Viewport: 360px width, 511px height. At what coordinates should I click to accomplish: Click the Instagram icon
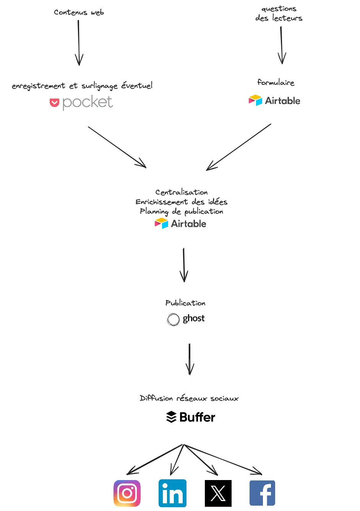coord(127,493)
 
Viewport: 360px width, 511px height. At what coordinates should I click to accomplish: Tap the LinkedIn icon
coord(172,493)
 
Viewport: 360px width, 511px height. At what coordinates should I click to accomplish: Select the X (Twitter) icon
coord(218,493)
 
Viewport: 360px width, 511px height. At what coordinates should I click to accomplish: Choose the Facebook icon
coord(262,493)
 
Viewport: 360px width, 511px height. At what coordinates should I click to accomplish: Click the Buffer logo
coord(191,417)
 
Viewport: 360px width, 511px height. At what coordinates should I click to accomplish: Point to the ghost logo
coord(186,319)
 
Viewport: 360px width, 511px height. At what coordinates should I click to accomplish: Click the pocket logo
coord(81,102)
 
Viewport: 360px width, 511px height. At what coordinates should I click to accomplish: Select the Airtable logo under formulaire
coord(274,101)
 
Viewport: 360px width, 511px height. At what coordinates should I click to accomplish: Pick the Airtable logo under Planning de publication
coord(180,224)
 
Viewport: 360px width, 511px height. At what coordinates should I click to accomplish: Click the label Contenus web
coord(79,13)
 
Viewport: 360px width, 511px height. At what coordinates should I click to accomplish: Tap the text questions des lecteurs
coord(279,13)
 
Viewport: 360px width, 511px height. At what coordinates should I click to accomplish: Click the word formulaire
coord(276,83)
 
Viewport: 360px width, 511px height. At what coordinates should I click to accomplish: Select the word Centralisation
coord(182,192)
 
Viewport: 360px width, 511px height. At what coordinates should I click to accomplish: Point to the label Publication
coord(185,303)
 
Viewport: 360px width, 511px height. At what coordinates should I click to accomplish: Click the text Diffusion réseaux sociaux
coord(189,398)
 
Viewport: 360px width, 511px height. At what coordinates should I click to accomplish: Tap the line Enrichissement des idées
coord(182,202)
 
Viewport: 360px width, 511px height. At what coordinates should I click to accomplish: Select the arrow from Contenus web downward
coord(79,42)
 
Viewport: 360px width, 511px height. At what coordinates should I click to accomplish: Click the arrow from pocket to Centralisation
coord(117,147)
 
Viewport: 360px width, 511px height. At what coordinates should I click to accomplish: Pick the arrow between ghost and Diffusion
coord(190,359)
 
